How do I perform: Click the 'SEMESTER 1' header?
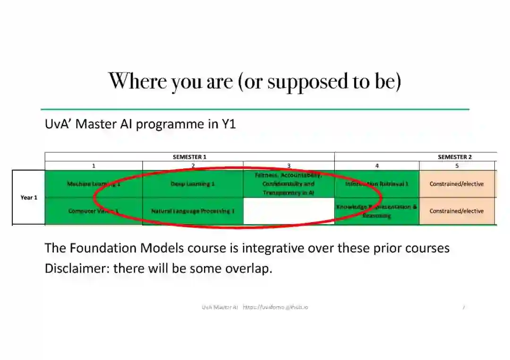189,157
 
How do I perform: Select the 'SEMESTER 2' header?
455,157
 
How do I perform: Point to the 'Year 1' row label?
29,197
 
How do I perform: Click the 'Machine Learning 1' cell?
93,184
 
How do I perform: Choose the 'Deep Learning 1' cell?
193,184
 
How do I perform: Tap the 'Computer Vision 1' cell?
93,211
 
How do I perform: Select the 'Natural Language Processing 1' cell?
193,211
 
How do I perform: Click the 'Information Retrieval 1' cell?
377,184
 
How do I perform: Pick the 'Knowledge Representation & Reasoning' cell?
377,211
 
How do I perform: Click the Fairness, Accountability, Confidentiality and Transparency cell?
289,184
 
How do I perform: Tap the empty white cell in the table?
289,211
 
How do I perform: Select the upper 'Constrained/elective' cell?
457,184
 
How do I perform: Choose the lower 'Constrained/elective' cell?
457,211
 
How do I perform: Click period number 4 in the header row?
377,166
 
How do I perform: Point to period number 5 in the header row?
457,166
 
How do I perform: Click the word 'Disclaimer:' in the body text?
77,268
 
